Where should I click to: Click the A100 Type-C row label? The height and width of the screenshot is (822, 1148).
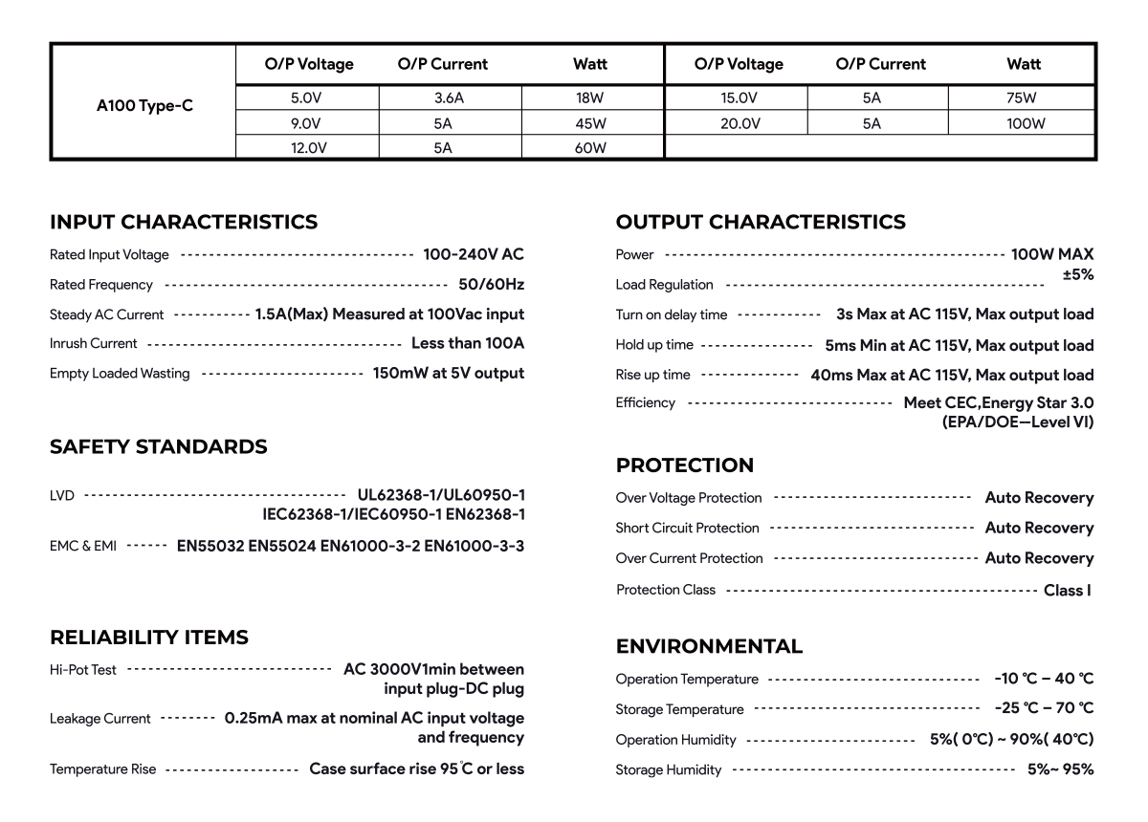pos(144,106)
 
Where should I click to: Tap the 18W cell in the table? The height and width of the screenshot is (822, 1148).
pos(591,97)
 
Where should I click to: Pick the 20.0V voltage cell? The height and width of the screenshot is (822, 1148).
pos(739,123)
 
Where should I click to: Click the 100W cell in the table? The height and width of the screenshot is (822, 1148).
pos(1025,123)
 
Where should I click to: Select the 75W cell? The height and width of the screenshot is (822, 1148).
pos(1022,97)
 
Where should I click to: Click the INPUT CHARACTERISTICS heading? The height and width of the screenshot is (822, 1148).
pos(184,223)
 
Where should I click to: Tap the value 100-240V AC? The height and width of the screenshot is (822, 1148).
pos(474,254)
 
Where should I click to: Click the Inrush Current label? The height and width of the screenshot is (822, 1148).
pos(94,343)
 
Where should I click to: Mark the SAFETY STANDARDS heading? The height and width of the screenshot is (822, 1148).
pos(159,447)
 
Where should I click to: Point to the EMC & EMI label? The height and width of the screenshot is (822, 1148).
pos(83,547)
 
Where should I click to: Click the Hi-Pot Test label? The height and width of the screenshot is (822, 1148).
pos(83,670)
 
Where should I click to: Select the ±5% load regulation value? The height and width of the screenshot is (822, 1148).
pos(1077,275)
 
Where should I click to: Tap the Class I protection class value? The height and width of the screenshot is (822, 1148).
pos(1068,591)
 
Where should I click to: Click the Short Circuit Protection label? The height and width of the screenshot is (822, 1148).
pos(687,529)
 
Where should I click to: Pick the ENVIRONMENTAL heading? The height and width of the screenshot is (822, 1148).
pos(709,647)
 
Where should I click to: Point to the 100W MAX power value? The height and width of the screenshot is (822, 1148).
pos(1052,254)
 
